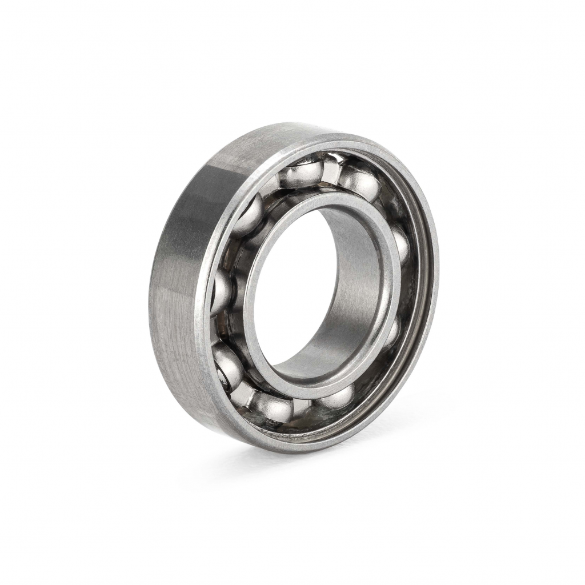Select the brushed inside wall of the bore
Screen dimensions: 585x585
pyautogui.click(x=354, y=286)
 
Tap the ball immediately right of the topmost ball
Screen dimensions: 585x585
pyautogui.click(x=359, y=182)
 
